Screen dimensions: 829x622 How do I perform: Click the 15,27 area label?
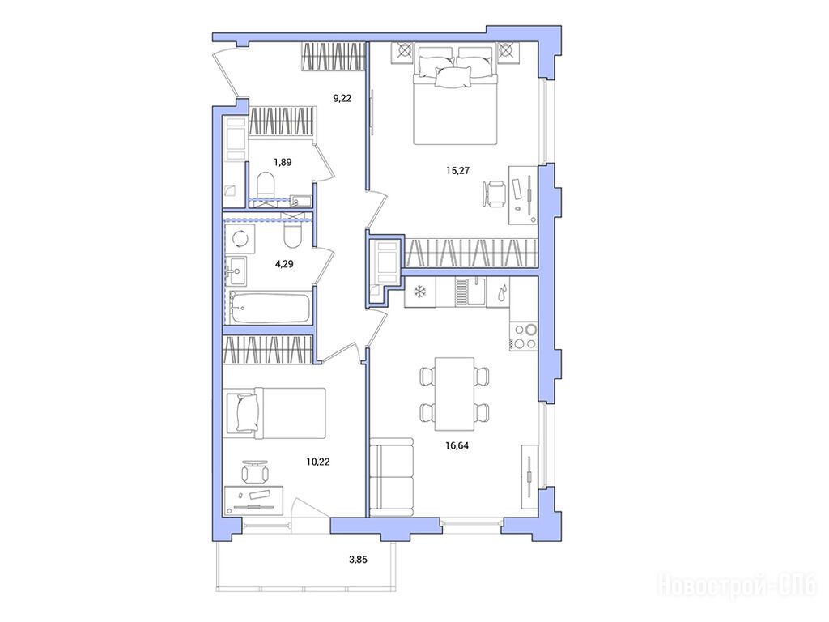point(457,170)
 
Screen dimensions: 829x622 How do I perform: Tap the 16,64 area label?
point(457,445)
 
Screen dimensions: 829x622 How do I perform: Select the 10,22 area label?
point(317,462)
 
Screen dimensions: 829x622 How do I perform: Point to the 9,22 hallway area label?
point(342,98)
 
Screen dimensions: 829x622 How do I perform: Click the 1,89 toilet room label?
point(283,162)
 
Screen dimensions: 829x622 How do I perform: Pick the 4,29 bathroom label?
point(284,263)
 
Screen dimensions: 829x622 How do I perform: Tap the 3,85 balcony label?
point(358,559)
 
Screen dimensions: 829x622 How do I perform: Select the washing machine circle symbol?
point(241,238)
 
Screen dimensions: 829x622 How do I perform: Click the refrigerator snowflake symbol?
point(420,292)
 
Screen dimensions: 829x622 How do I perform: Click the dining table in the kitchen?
point(454,394)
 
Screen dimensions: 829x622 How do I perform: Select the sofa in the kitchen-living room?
point(391,476)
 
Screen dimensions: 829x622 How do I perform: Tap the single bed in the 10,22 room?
point(274,412)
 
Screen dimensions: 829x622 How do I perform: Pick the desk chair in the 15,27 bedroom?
point(495,194)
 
